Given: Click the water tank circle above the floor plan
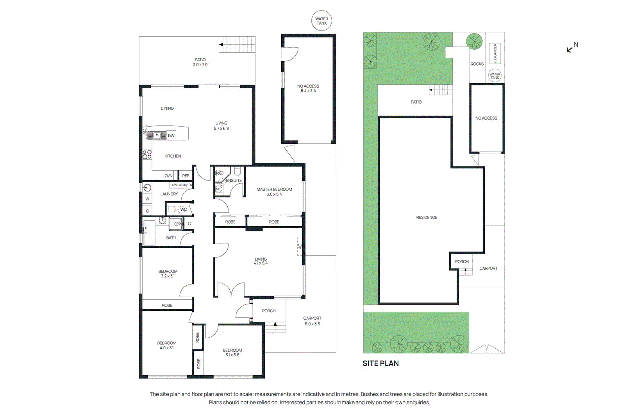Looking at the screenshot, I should pyautogui.click(x=321, y=21).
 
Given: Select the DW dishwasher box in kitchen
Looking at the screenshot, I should pyautogui.click(x=171, y=136).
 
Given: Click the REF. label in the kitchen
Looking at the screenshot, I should pyautogui.click(x=186, y=176).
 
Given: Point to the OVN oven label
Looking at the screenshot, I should pyautogui.click(x=168, y=176).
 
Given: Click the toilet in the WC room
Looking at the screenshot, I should pyautogui.click(x=171, y=209).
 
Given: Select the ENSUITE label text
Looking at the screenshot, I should pyautogui.click(x=234, y=181).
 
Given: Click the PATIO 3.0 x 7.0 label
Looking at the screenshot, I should pyautogui.click(x=200, y=62).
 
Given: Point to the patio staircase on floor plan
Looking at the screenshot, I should pyautogui.click(x=237, y=45).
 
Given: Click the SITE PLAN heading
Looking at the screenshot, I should pyautogui.click(x=380, y=363).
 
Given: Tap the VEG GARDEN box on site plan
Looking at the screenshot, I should pyautogui.click(x=495, y=54).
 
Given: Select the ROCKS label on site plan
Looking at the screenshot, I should pyautogui.click(x=477, y=64).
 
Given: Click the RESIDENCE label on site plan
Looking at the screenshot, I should pyautogui.click(x=427, y=217).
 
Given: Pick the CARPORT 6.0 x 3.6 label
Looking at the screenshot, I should pyautogui.click(x=312, y=321).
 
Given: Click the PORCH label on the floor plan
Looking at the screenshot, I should pyautogui.click(x=269, y=311).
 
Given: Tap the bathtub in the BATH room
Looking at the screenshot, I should pyautogui.click(x=149, y=233).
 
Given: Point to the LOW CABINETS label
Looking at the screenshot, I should pyautogui.click(x=181, y=185).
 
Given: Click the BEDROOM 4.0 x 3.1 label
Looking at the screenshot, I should pyautogui.click(x=167, y=345).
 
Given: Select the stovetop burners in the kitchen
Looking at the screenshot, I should pyautogui.click(x=147, y=155).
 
